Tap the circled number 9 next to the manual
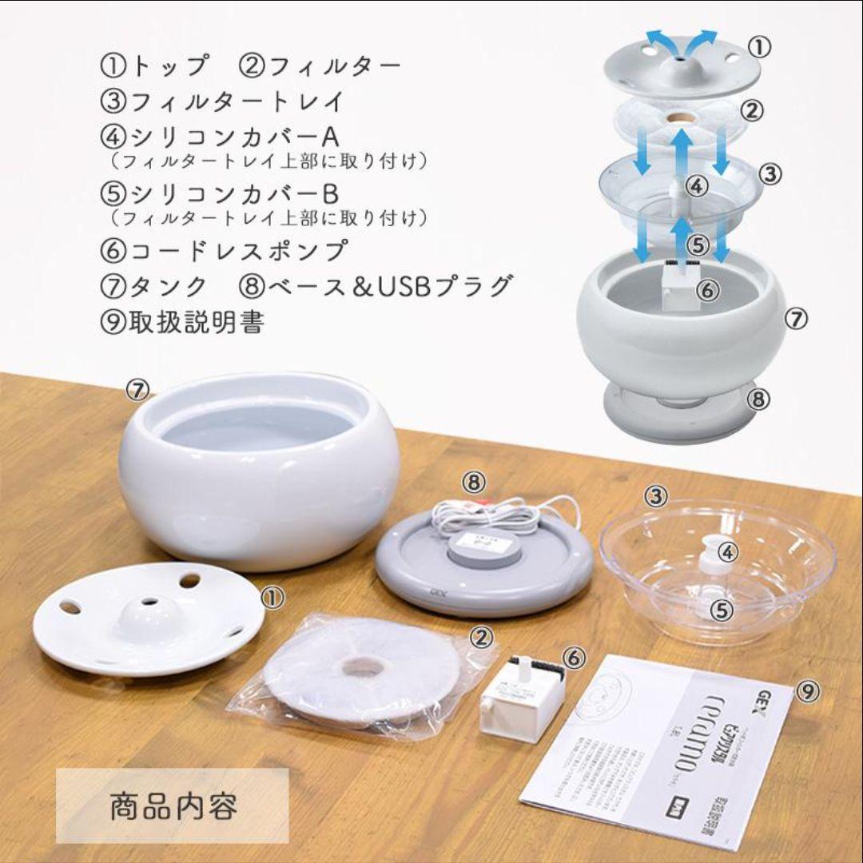pos(808,692)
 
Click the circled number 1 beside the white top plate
pos(272,597)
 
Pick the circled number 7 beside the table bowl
pos(138,390)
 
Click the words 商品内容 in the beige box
pos(173,805)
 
